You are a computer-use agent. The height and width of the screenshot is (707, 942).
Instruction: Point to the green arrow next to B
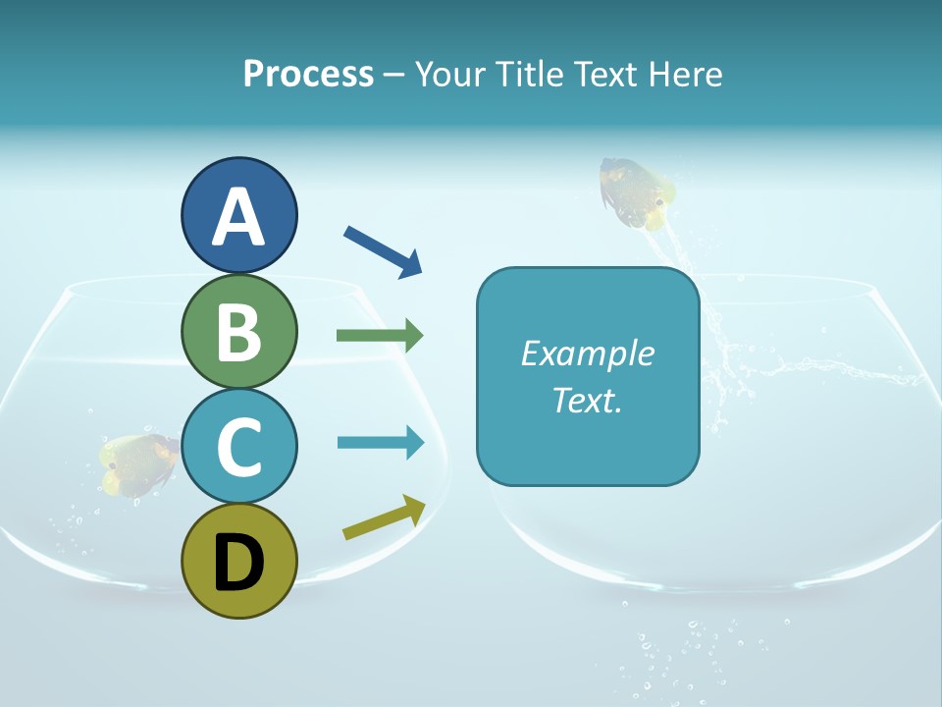point(380,336)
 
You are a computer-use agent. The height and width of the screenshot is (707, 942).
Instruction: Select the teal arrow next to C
point(380,442)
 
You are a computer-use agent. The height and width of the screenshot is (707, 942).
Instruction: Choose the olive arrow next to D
point(384,517)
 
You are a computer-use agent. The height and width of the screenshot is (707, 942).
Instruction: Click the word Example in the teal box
point(588,353)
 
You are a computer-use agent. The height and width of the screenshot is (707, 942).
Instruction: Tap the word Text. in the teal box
point(588,400)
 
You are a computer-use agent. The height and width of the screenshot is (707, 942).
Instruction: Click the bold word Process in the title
point(308,74)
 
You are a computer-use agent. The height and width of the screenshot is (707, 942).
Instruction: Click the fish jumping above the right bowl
point(637,193)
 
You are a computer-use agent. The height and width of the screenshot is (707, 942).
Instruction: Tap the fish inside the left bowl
point(138,462)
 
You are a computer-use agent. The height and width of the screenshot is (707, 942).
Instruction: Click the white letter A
point(238,217)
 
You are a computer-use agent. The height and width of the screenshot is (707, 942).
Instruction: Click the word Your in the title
point(450,74)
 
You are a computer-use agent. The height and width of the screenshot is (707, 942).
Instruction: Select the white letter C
point(238,448)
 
